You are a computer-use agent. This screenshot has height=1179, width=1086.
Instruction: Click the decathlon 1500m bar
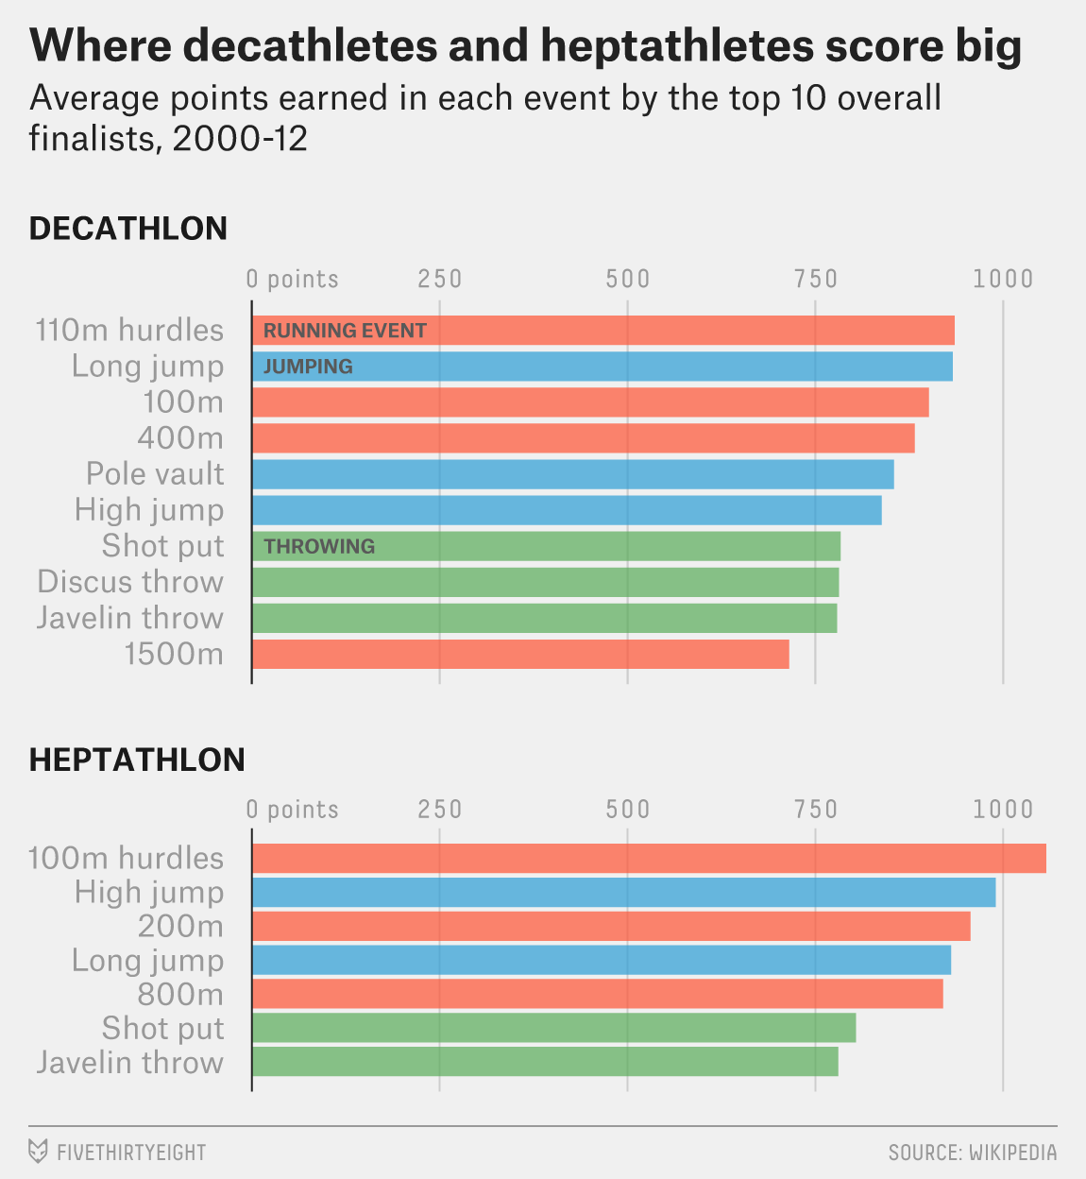(x=519, y=654)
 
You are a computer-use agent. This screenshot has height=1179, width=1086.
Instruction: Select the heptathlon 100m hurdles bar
(x=649, y=858)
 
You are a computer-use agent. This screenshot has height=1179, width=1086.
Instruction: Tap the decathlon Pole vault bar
(x=572, y=474)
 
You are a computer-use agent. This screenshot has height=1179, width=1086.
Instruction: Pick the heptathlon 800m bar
(x=597, y=994)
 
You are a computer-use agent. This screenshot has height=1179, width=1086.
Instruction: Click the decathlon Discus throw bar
(x=545, y=582)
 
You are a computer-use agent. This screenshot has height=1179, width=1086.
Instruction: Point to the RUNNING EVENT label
(x=345, y=331)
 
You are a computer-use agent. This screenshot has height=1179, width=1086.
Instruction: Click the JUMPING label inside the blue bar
(x=308, y=367)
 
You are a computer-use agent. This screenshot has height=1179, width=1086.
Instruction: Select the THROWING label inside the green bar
(x=319, y=546)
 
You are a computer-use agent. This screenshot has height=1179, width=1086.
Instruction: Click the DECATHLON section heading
(x=128, y=229)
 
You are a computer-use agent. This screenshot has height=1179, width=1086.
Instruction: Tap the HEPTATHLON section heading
(x=137, y=760)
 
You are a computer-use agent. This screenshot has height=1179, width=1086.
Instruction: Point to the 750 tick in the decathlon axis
(x=816, y=279)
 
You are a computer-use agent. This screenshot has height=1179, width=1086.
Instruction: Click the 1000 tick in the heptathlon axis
(x=1003, y=810)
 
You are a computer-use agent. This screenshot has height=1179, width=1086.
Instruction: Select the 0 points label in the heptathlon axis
(x=292, y=810)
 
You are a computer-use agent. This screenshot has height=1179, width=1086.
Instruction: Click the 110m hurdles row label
(x=129, y=331)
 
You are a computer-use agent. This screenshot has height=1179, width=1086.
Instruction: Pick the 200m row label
(x=180, y=926)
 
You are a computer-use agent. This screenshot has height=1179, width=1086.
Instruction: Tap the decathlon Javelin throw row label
(x=130, y=618)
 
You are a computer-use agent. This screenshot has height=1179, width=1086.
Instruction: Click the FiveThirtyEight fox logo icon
(x=38, y=1152)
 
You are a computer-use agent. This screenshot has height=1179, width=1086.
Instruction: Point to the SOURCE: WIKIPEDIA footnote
(x=972, y=1153)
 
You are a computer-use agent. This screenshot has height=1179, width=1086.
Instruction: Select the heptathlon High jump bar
(x=623, y=892)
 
